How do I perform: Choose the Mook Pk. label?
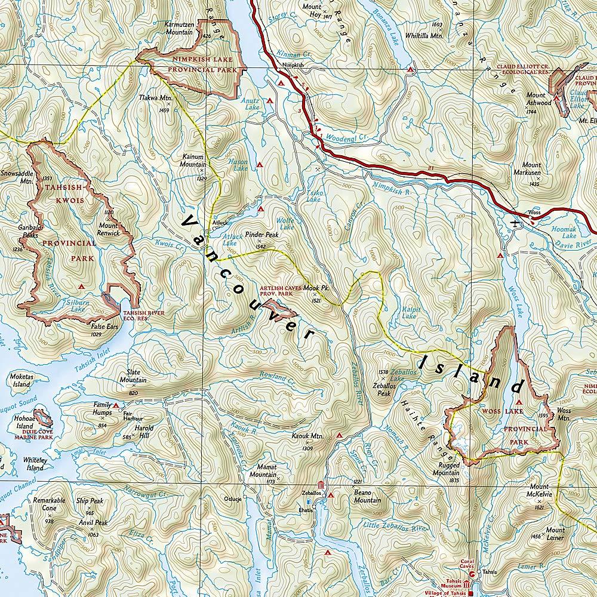[x=316, y=289]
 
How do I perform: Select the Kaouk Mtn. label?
[x=308, y=437]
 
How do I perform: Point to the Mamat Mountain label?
[x=263, y=470]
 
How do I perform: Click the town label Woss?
[x=534, y=212]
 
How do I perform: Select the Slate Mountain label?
[x=133, y=376]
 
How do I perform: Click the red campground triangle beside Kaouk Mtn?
[x=339, y=436]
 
